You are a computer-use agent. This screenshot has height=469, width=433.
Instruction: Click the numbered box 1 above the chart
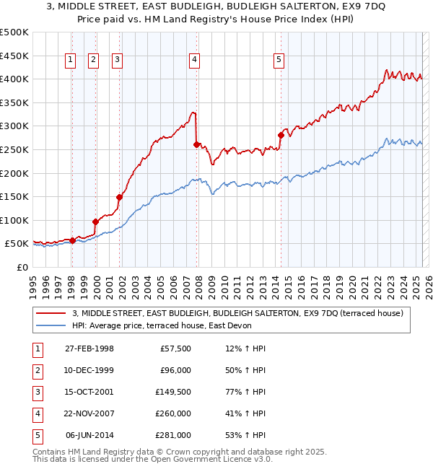coord(71,61)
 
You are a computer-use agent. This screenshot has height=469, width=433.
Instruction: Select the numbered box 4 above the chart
coord(195,61)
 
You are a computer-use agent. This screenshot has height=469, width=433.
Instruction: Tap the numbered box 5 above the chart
coord(279,61)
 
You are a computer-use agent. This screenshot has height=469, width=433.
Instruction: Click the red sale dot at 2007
coord(196,144)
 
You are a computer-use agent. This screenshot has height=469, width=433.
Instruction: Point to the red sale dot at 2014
coord(280,134)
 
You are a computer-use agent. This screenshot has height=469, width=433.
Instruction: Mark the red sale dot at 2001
coord(119,196)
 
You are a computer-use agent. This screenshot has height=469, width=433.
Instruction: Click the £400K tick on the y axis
coord(14,79)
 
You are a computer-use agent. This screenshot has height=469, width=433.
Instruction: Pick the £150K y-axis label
coord(14,196)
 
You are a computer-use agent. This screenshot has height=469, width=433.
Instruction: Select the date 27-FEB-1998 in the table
coord(89,349)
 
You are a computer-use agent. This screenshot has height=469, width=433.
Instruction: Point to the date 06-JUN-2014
coord(89,435)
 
